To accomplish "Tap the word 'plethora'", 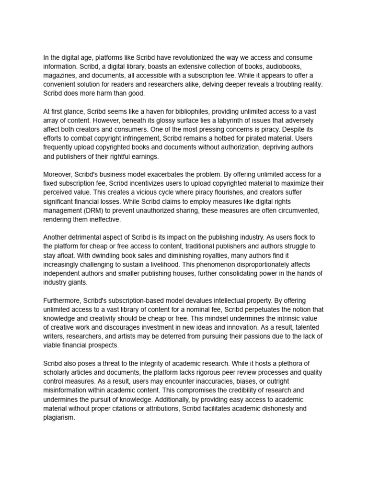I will [290, 364].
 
